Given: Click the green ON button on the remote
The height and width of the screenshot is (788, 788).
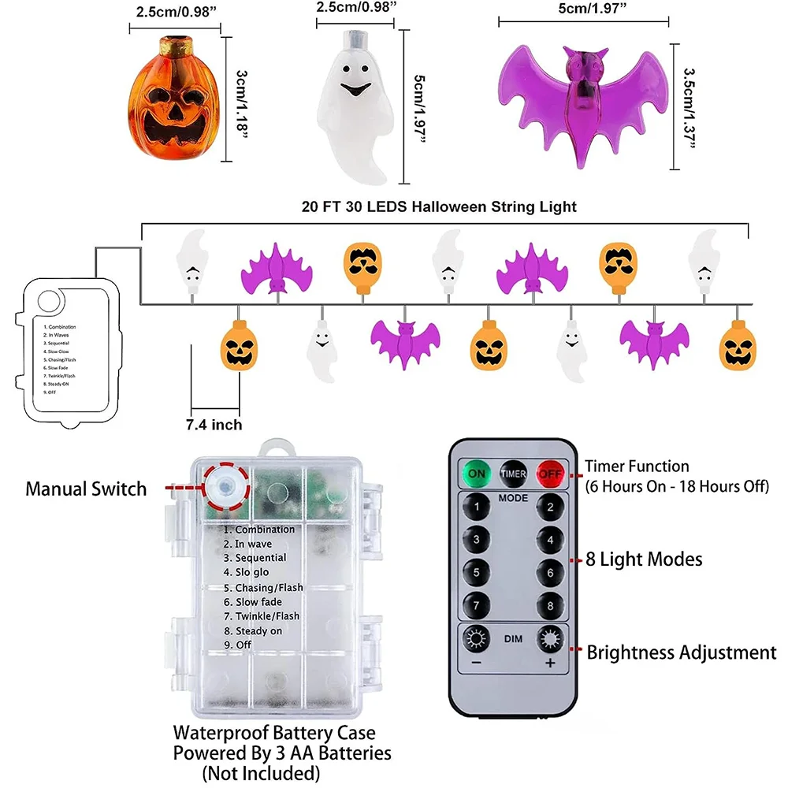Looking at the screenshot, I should (478, 474).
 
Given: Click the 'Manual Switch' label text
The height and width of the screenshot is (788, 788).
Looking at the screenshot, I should (86, 489).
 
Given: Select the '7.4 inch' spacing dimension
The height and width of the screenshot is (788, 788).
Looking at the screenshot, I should (214, 425).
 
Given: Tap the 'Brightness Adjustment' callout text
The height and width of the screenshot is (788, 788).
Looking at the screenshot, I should (682, 652).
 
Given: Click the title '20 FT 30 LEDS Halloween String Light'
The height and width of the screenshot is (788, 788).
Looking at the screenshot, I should (439, 207).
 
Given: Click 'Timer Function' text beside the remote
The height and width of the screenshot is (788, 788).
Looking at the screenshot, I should (637, 466).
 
